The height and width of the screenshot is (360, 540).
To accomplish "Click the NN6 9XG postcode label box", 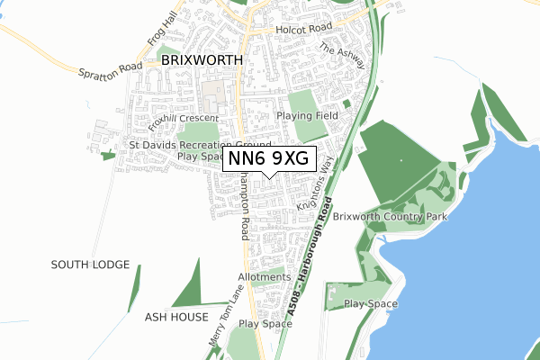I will tap(269, 157).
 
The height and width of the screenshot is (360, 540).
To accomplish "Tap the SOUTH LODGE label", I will tap(90, 265).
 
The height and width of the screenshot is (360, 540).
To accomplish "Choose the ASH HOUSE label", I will tap(176, 318).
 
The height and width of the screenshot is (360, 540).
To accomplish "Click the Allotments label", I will tap(265, 277).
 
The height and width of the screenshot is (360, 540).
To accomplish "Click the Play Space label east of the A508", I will tap(371, 304).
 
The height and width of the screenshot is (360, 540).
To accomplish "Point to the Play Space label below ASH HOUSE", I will tap(265, 323).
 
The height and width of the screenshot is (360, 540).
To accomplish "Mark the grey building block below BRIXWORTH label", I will tap(215, 93).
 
